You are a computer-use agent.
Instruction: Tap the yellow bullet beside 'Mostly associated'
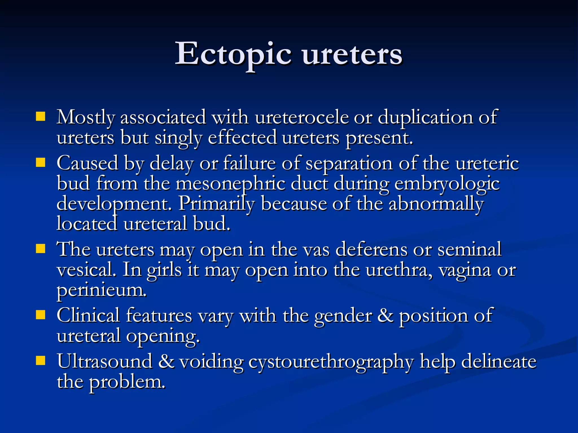coord(41,116)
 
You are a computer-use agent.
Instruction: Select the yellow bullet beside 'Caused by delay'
coord(41,163)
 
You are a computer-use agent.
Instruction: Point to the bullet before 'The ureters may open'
coord(41,249)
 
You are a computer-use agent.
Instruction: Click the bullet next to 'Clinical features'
coord(41,315)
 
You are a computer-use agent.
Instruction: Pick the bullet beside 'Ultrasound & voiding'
coord(41,361)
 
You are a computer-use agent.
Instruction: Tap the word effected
coord(242,138)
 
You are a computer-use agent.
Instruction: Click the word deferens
coord(371,249)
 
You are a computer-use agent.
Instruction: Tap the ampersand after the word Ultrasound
coord(166,362)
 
